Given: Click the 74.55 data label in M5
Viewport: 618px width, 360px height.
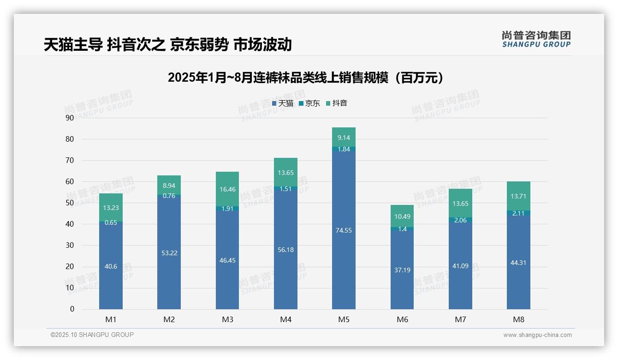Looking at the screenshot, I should (x=344, y=230).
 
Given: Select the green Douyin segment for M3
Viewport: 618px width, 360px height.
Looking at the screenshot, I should (x=227, y=189).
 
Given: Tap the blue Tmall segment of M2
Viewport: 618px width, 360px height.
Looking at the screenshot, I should (x=169, y=252).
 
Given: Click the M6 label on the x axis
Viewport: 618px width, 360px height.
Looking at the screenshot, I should (x=402, y=319).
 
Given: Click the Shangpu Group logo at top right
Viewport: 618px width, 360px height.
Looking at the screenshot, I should (x=536, y=39).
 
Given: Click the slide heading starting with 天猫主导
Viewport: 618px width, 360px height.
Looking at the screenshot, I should (x=168, y=44).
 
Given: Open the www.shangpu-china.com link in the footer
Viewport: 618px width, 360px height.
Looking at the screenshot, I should (x=537, y=335).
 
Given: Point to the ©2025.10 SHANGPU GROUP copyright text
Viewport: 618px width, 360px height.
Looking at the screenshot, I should (x=92, y=335).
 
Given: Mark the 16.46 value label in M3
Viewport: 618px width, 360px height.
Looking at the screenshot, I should (x=227, y=189).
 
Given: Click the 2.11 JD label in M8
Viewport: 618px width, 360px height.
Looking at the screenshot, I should (x=518, y=213).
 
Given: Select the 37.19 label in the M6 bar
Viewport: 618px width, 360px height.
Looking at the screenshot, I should (x=402, y=270).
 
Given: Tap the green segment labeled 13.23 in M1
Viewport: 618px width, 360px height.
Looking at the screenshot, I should (x=111, y=207).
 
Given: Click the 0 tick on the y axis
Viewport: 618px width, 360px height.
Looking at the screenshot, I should (x=72, y=309).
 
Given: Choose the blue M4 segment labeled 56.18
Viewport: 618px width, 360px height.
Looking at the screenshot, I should (x=285, y=250).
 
